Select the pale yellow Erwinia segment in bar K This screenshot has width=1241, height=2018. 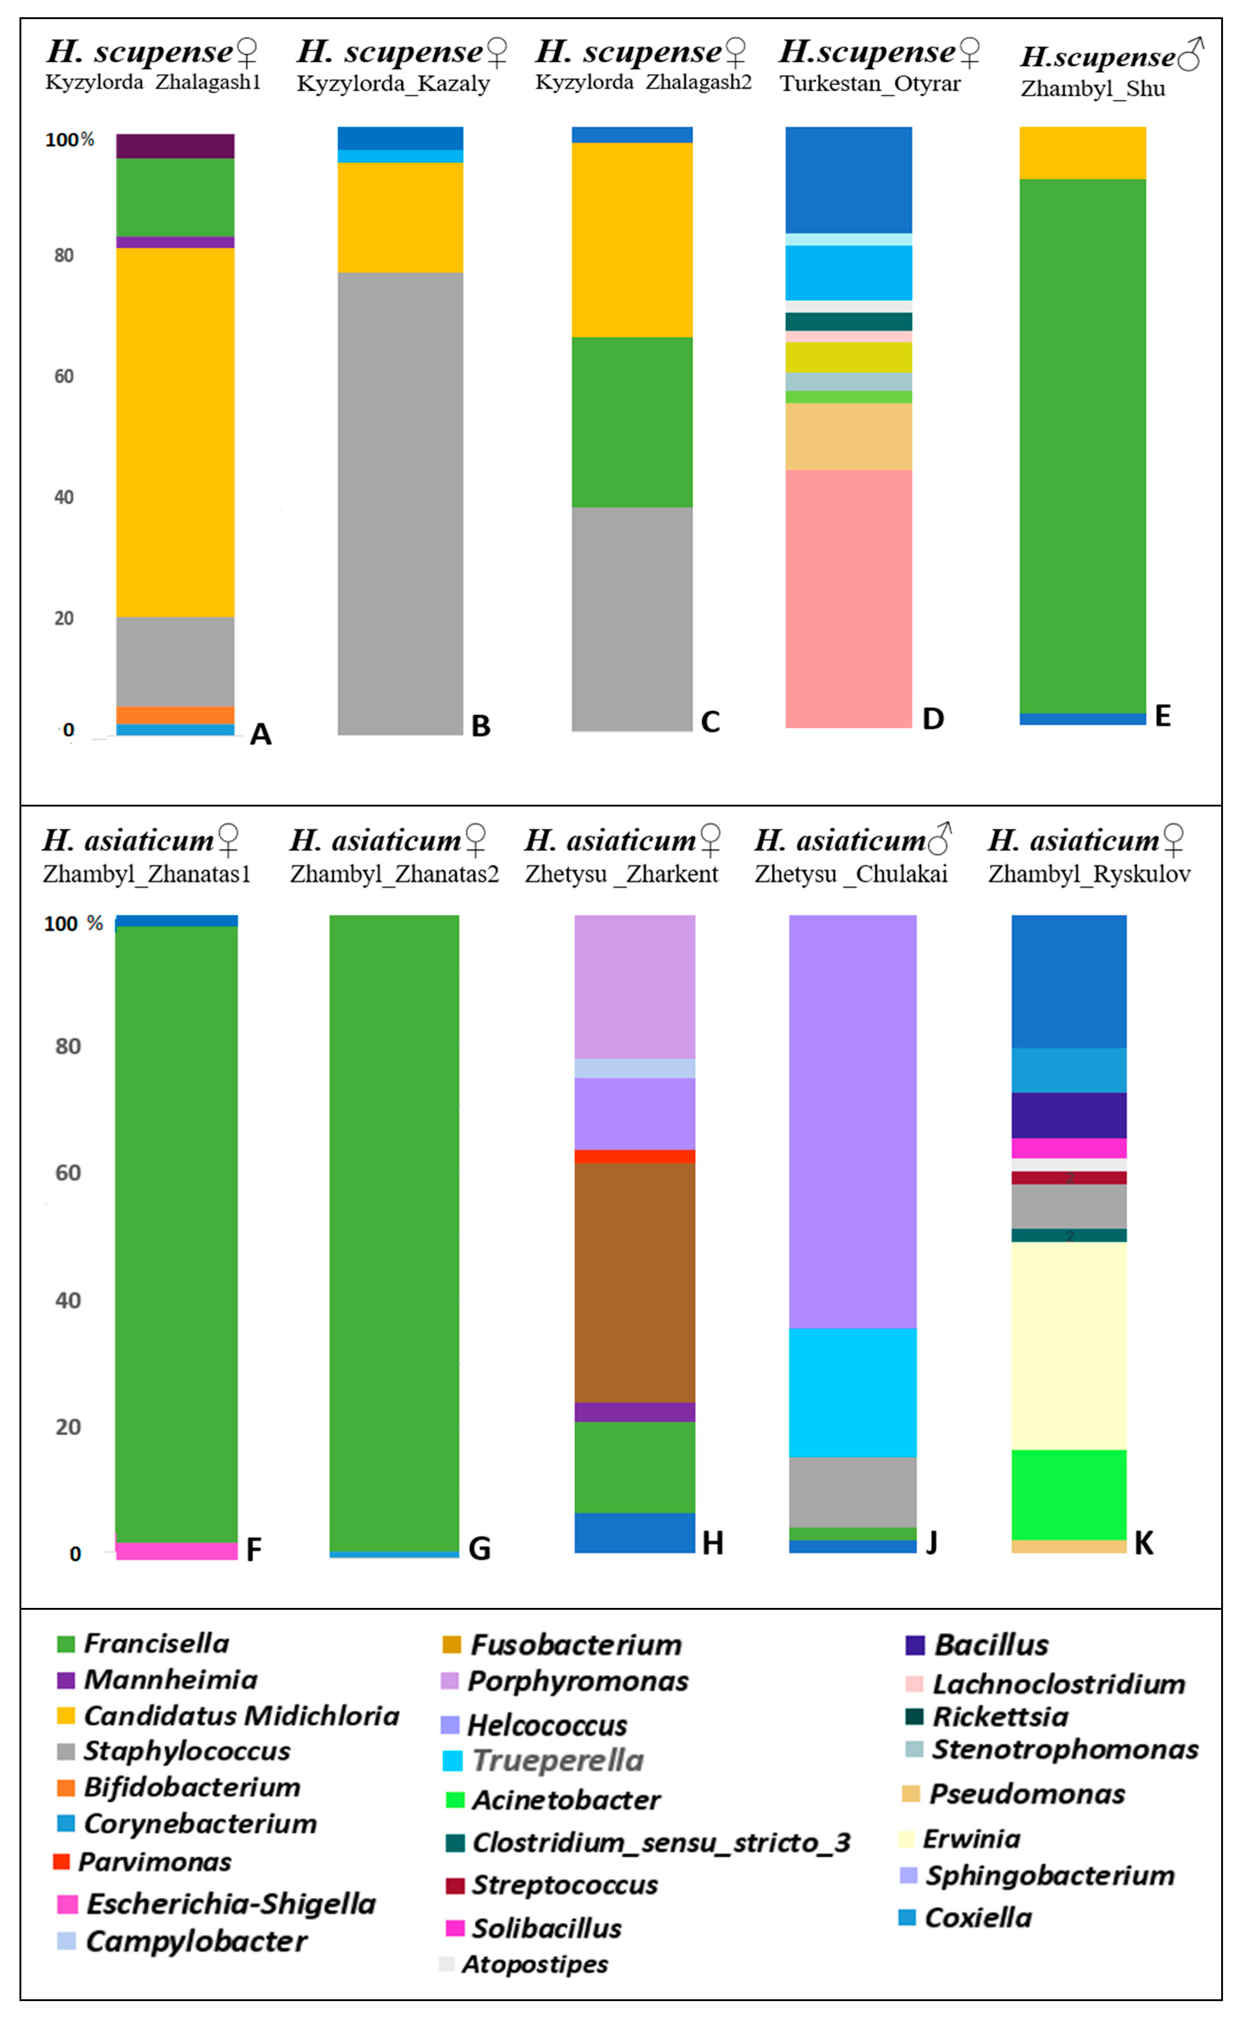click(x=1069, y=1346)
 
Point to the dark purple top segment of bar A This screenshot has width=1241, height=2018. click(x=175, y=146)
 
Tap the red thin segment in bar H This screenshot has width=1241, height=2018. click(x=634, y=1156)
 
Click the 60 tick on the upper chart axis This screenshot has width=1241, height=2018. click(x=64, y=377)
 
